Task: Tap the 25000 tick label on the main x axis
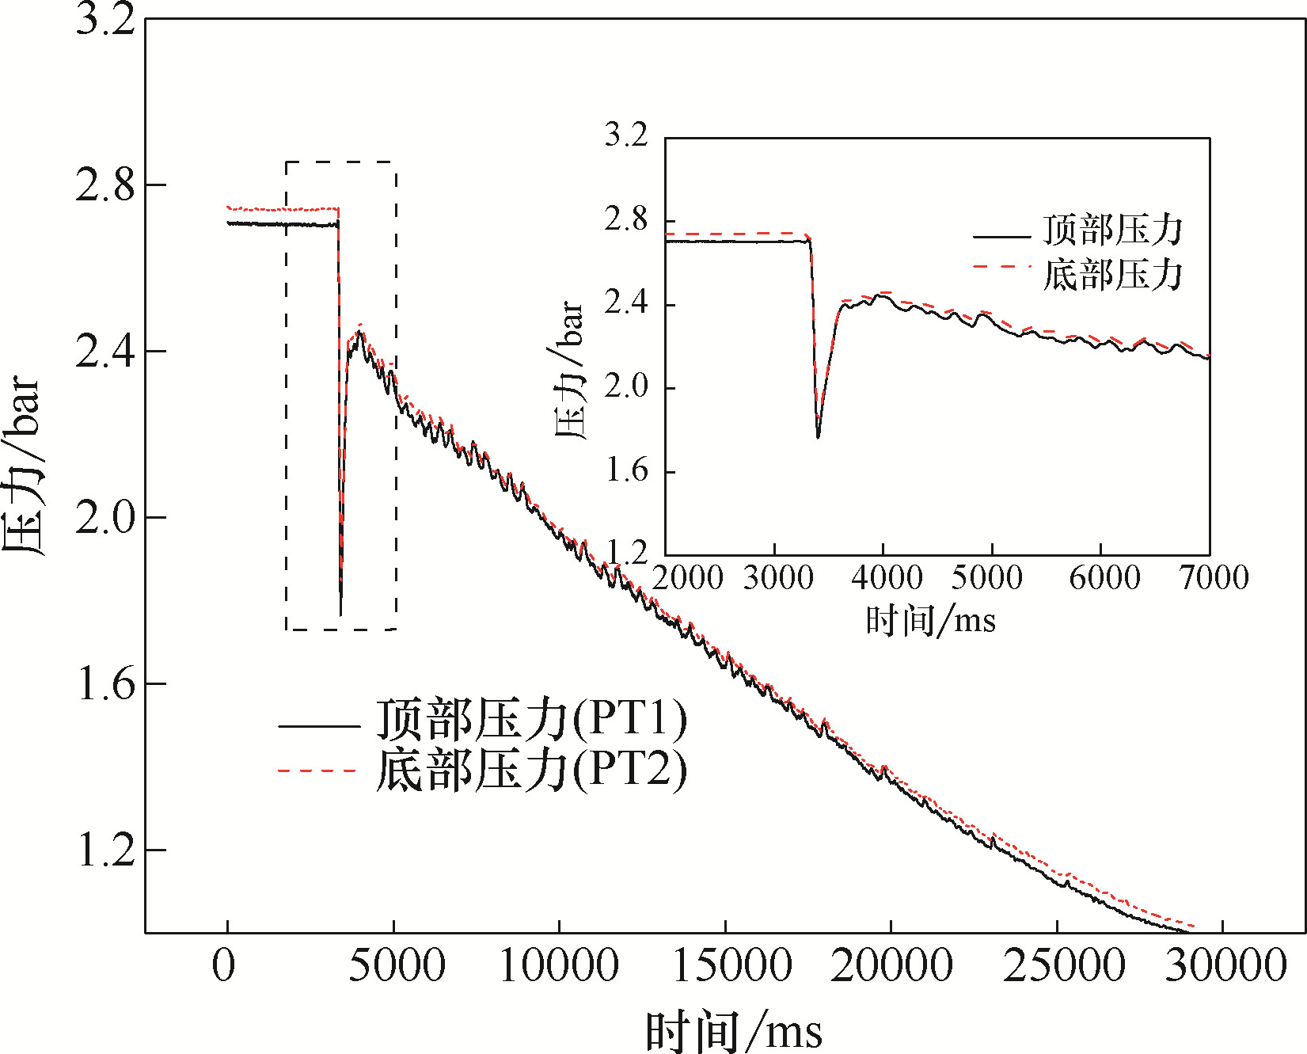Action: pos(1063,966)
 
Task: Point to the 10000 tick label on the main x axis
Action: pos(559,966)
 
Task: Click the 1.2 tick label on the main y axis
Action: pos(106,850)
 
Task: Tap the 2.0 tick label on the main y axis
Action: pos(106,518)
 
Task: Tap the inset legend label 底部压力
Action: pos(1112,275)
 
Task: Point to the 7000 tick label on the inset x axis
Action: pos(1214,578)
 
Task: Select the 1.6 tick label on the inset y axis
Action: pos(626,472)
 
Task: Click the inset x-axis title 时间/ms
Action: pos(930,620)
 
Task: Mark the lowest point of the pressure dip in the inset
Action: pos(818,436)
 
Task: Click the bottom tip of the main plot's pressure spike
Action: pos(340,615)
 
